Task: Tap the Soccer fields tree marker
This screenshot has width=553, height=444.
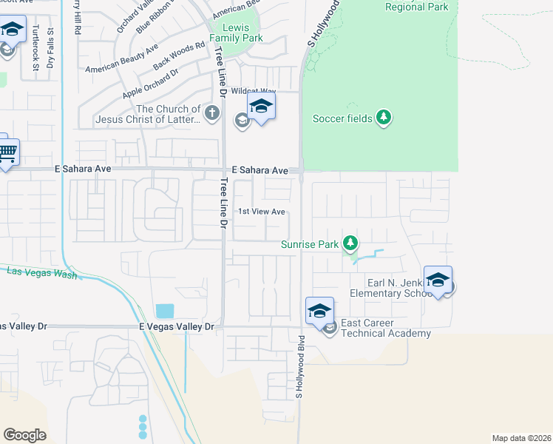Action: click(x=383, y=118)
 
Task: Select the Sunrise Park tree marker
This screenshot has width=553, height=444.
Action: click(x=350, y=243)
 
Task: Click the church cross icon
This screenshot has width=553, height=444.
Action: click(x=212, y=114)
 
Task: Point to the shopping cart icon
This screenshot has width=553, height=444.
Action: click(x=6, y=153)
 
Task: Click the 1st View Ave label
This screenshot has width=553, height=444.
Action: click(x=261, y=212)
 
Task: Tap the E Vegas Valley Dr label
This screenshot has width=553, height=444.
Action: click(x=176, y=326)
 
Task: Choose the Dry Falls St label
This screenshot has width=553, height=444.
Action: click(x=50, y=48)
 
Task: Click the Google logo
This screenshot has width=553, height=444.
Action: click(x=24, y=435)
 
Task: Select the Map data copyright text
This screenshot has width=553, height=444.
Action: click(x=522, y=437)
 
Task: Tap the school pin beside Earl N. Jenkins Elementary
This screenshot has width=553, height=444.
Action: click(x=438, y=280)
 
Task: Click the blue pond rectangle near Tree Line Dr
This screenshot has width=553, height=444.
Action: click(x=165, y=311)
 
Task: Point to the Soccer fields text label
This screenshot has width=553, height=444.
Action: click(x=342, y=118)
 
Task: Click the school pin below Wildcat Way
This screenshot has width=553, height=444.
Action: click(x=261, y=107)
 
